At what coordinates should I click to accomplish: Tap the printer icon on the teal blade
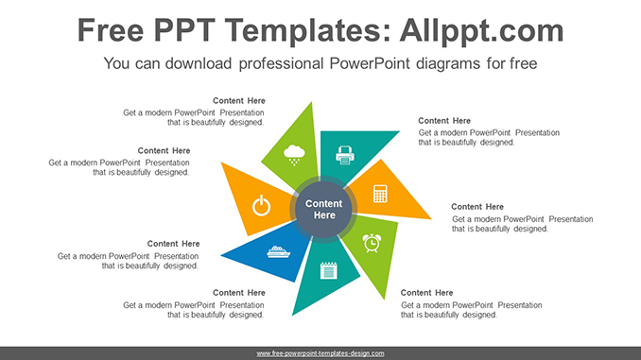coord(345,153)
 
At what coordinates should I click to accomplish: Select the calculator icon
coord(380,194)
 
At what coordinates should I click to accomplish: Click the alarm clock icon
coord(372,243)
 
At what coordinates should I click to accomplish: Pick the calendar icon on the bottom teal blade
coord(328,270)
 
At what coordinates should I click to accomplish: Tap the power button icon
coord(262,205)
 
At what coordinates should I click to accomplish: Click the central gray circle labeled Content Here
coord(324,210)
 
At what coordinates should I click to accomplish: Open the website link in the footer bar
coord(320,352)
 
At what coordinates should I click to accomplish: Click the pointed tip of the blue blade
coord(221,255)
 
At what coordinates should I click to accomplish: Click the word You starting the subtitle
coord(117,64)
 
